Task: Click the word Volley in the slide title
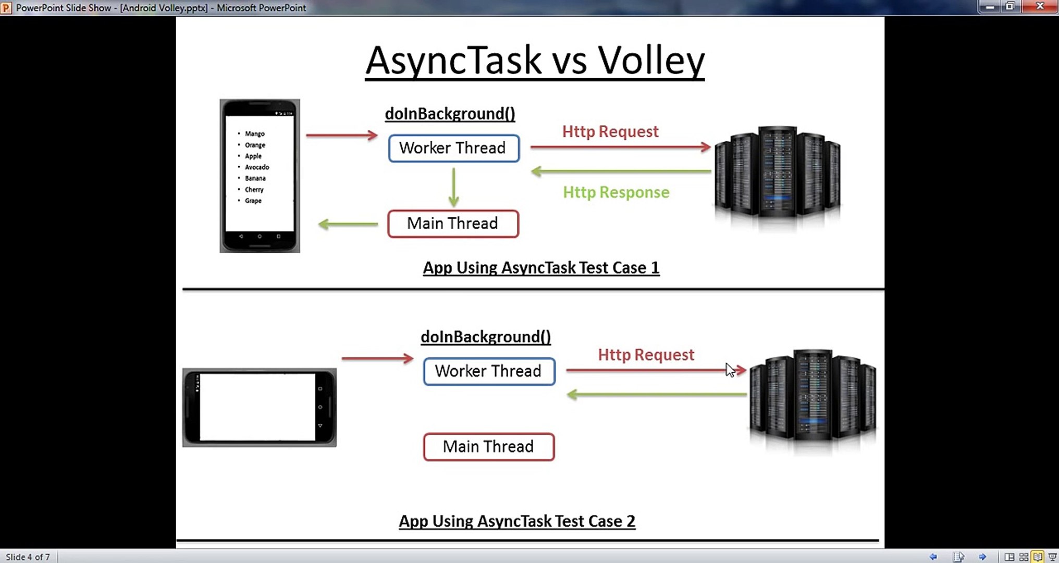651,62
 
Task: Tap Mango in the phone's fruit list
255,134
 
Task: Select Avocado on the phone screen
257,167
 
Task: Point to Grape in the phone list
253,201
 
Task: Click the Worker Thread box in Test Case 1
454,148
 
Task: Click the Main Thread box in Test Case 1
453,224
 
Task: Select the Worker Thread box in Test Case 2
489,371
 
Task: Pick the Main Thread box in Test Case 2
489,447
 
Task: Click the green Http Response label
616,192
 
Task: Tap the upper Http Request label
610,131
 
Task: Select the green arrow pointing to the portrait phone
348,224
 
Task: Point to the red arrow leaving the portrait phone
342,136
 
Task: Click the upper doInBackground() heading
450,114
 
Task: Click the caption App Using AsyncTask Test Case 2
517,521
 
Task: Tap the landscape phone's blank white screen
257,407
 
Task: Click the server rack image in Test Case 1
777,175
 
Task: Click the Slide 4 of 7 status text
28,557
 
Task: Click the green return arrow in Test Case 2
657,395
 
